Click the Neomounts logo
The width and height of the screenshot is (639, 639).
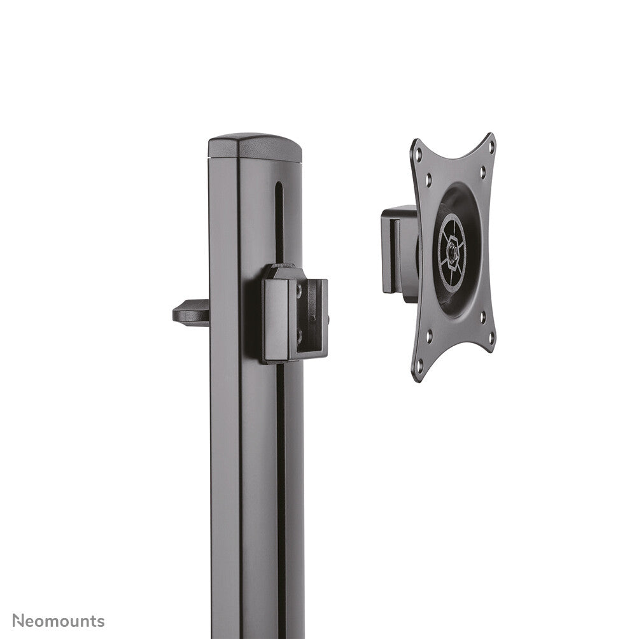(x=59, y=621)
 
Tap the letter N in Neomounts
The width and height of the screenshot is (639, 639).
(x=19, y=621)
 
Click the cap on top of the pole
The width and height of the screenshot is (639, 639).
(x=255, y=147)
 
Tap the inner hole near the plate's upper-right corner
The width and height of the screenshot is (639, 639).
(x=482, y=171)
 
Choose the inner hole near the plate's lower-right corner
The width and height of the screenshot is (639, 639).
(x=482, y=315)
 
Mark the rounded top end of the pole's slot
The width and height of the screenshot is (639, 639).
(x=278, y=186)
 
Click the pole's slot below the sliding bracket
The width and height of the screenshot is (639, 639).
(x=281, y=477)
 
